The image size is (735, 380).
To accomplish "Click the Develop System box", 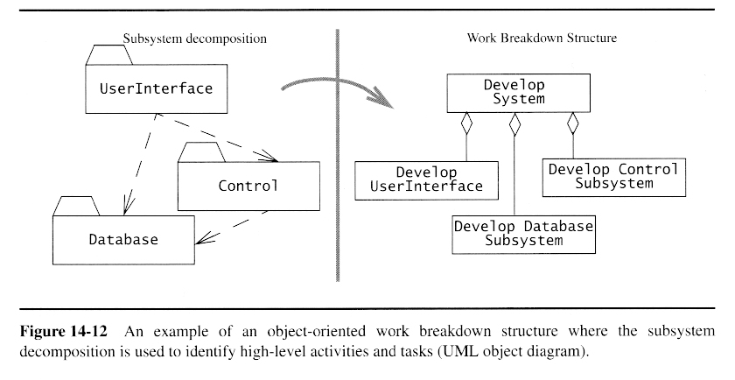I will pos(514,92).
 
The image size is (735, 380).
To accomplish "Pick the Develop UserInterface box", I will pos(426,179).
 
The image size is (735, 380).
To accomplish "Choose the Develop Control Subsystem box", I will pos(613,176).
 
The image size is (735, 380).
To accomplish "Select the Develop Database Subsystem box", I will pos(523,232).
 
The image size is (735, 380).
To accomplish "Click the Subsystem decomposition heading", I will pos(193,39).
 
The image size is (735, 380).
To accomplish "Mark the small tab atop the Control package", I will pos(202,151).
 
